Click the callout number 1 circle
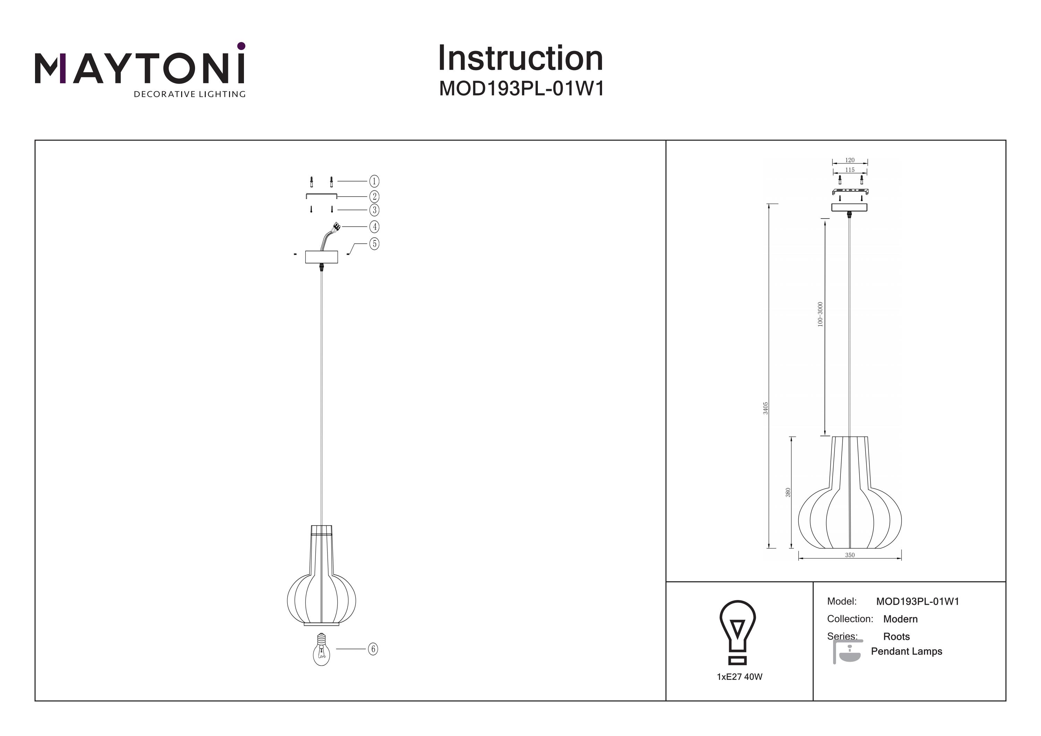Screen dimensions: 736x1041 (x=374, y=181)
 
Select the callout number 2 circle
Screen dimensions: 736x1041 (x=374, y=196)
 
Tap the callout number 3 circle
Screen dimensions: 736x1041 (x=374, y=210)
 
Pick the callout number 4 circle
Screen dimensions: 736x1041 (x=374, y=226)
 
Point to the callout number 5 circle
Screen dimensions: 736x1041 (x=374, y=244)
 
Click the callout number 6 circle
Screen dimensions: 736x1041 (x=373, y=649)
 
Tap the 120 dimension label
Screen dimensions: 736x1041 (x=850, y=160)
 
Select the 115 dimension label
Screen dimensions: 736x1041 (x=850, y=170)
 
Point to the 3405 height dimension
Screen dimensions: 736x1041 (x=765, y=408)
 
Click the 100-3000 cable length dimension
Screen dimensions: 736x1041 (x=820, y=314)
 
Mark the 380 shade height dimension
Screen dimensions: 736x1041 (x=788, y=492)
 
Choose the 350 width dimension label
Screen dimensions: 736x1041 (x=850, y=555)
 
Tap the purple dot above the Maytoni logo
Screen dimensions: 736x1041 (x=241, y=46)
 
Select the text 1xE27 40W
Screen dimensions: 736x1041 (x=739, y=677)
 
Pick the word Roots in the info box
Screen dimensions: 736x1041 (x=896, y=637)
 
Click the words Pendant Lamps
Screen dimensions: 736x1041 (x=906, y=651)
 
